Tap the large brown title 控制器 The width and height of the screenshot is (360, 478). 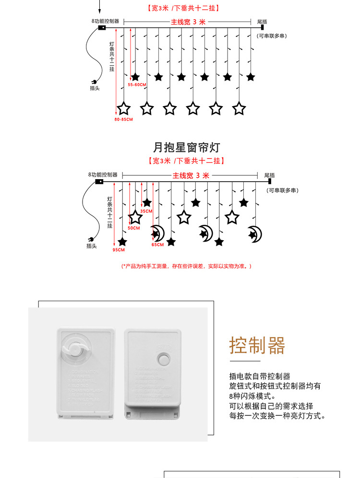tap(257, 345)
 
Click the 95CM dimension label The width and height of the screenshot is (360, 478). tap(119, 250)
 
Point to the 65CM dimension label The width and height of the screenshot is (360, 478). tap(157, 245)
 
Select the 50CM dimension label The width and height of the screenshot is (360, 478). tap(133, 228)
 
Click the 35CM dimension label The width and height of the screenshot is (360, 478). tap(146, 211)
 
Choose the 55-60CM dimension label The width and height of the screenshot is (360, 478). tap(137, 84)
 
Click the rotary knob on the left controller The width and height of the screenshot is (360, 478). tap(75, 349)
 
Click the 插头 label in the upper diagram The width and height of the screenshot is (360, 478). tap(95, 88)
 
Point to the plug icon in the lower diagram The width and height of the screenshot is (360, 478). tap(90, 240)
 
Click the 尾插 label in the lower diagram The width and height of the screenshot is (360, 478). tap(269, 175)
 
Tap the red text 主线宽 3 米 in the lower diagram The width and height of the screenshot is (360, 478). tap(191, 175)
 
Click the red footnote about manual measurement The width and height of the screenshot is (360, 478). tap(186, 266)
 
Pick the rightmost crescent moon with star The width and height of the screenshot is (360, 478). tap(254, 234)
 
